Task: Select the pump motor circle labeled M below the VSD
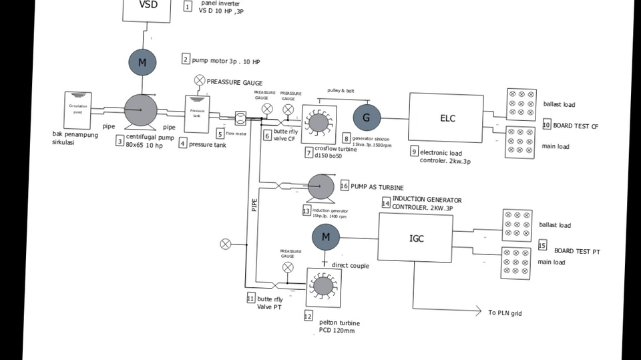[142, 62]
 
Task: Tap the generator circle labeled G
[366, 117]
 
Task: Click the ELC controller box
[446, 118]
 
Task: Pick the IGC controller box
[416, 238]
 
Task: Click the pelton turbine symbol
[324, 287]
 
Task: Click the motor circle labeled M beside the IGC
[326, 236]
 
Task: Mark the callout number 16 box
[345, 186]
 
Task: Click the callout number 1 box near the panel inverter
[187, 7]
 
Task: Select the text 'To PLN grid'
[505, 313]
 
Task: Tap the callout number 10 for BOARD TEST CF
[546, 125]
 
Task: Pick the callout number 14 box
[386, 203]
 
